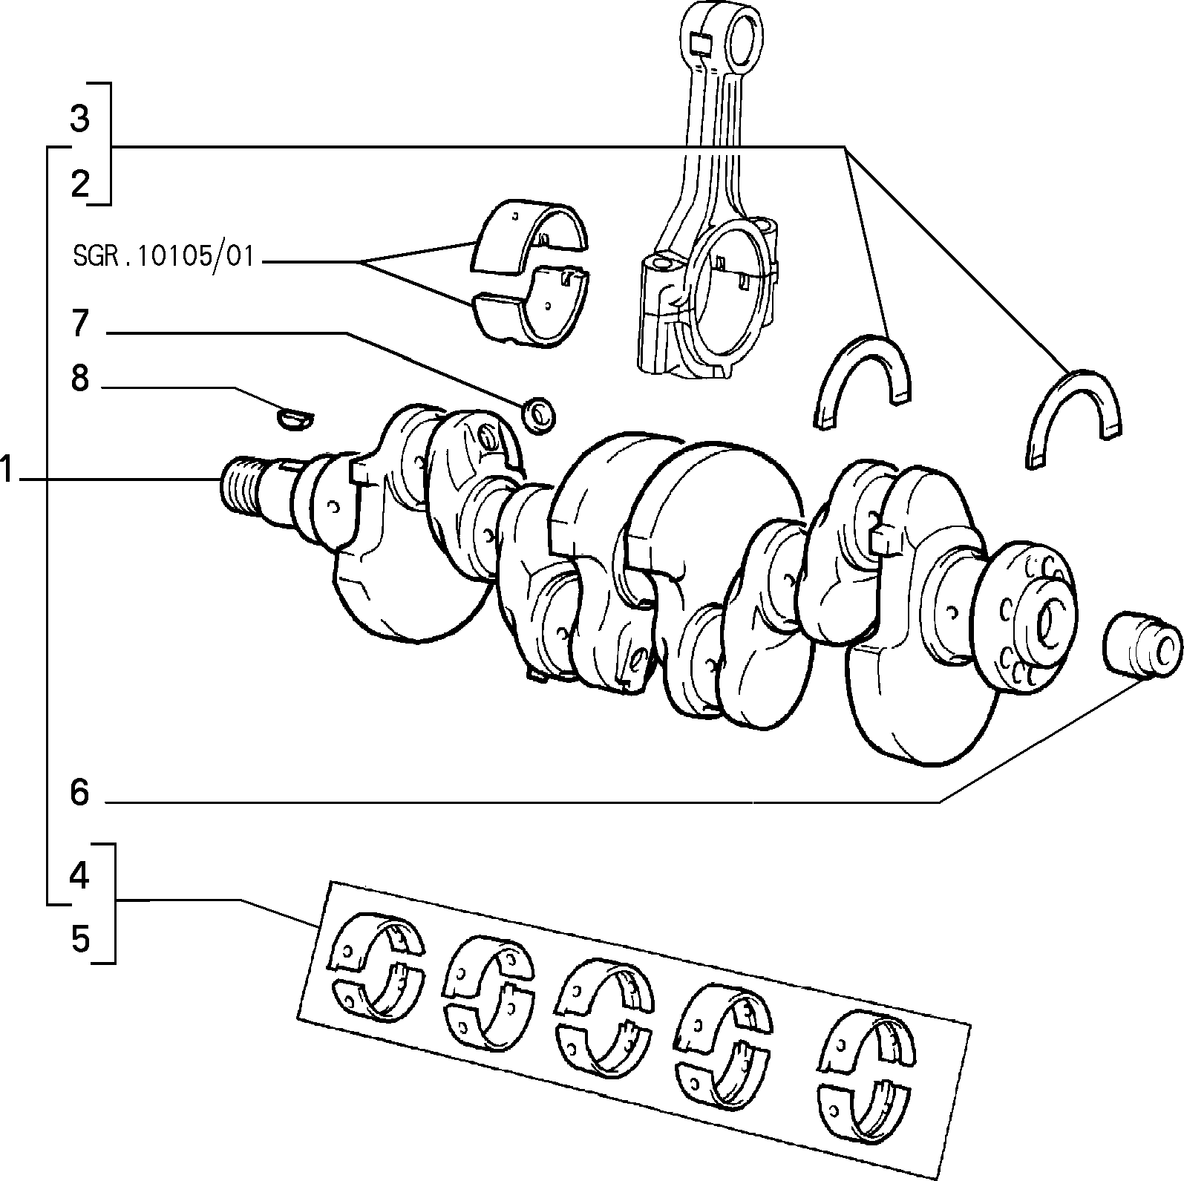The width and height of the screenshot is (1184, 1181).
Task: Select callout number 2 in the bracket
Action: [80, 183]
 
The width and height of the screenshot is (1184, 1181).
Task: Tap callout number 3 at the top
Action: [80, 119]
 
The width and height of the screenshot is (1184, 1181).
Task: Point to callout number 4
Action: [79, 877]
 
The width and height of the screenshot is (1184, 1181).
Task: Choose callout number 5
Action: [80, 940]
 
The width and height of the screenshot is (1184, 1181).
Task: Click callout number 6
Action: [79, 793]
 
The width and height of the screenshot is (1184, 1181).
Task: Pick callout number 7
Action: [80, 324]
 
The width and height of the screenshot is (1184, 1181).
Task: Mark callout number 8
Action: [80, 379]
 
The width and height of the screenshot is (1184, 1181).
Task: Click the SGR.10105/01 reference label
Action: [163, 257]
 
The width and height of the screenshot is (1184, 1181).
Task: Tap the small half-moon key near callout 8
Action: [295, 419]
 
